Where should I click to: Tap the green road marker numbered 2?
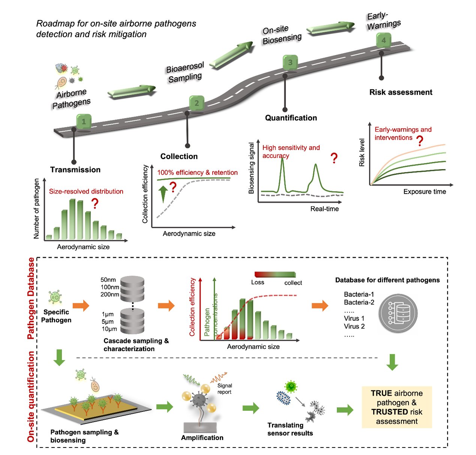coord(197,103)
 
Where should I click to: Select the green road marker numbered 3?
coord(290,63)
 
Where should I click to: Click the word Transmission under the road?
coord(75,170)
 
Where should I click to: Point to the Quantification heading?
coord(291,118)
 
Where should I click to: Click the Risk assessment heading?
coord(401,92)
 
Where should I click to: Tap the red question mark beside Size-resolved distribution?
coord(95,204)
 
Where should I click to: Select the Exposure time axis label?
coord(425,192)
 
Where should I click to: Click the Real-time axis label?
coord(324,209)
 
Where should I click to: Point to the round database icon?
coord(398,313)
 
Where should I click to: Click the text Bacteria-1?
coord(359,295)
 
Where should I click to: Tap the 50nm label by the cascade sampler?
coord(108,280)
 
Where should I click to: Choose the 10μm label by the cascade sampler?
coord(109,329)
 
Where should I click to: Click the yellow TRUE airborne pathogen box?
coord(397,407)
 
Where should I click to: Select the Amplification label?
coord(202,438)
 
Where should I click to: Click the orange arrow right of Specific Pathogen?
coord(81,305)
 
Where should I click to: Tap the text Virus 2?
coord(354,326)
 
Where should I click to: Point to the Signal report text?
coord(224,389)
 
